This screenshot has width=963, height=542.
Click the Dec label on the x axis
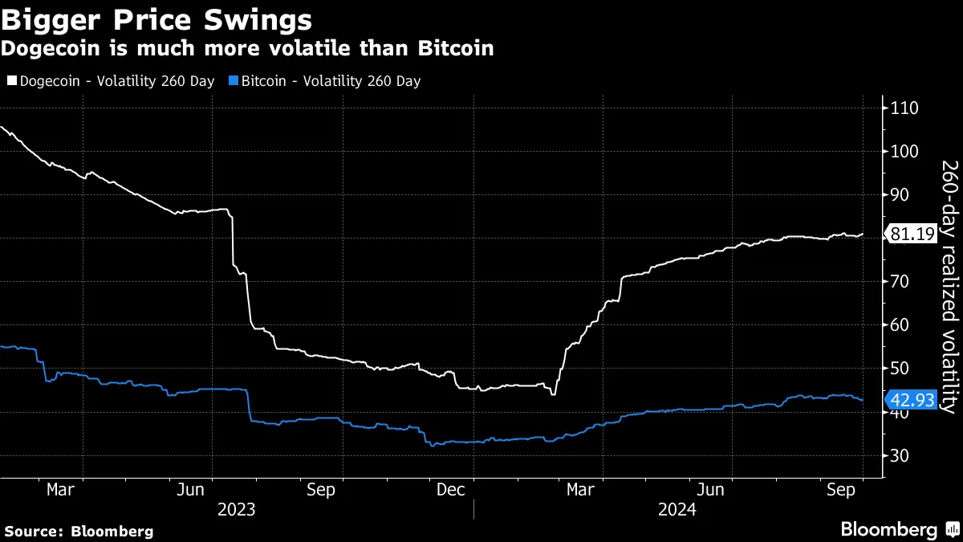coord(450,490)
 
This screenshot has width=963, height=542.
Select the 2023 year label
coord(237,510)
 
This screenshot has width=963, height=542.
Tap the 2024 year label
coord(677,510)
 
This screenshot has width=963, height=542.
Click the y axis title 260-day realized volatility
coord(948,286)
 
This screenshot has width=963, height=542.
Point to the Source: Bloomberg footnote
coord(79,531)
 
